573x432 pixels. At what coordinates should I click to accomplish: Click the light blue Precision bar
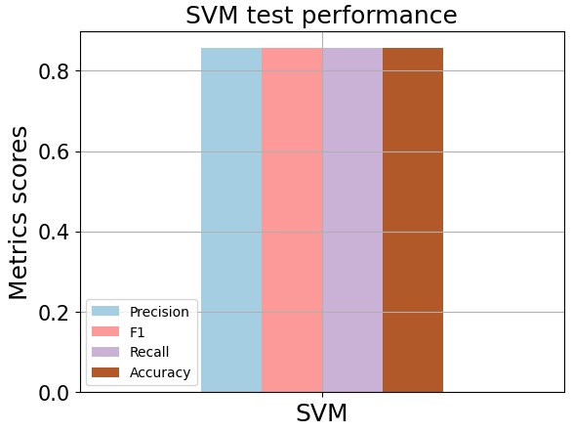click(231, 220)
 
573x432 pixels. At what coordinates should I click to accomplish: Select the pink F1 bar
click(292, 220)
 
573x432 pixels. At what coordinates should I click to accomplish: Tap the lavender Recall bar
click(352, 220)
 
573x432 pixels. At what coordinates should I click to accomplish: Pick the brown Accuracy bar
click(413, 220)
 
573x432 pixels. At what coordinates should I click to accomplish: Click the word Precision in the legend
click(159, 312)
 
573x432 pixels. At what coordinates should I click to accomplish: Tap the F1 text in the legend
click(138, 332)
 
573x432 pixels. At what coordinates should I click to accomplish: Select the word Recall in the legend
click(149, 352)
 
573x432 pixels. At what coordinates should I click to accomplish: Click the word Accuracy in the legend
click(160, 372)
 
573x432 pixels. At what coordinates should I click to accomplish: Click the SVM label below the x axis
click(322, 413)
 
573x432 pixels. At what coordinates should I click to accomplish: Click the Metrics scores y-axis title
click(20, 212)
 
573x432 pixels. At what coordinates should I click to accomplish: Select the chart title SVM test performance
click(321, 16)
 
